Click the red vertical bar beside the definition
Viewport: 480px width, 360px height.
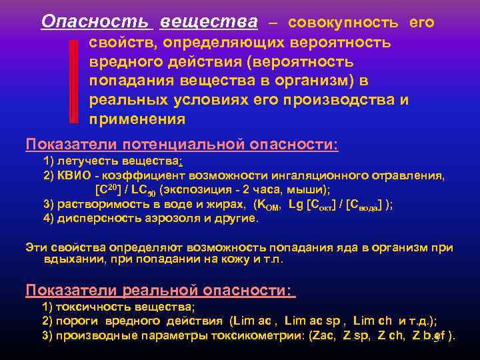(x=75, y=81)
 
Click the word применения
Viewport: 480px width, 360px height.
(x=137, y=119)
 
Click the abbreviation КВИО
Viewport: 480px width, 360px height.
(x=72, y=175)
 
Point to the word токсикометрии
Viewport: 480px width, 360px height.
(x=258, y=335)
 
